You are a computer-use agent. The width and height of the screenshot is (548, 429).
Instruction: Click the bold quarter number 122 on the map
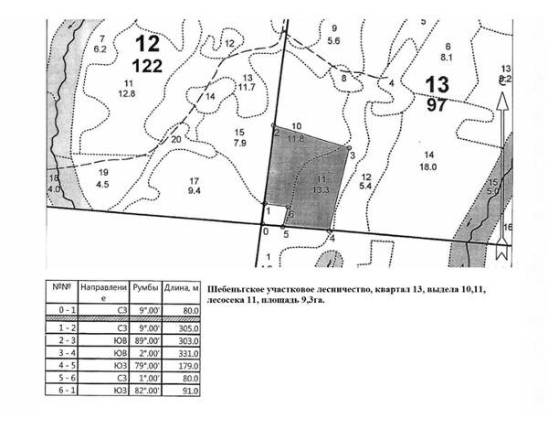148,65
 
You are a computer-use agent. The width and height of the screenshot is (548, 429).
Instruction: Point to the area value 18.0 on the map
428,166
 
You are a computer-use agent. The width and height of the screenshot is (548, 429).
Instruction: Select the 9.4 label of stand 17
195,191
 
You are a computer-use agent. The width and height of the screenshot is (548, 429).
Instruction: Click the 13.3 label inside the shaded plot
320,189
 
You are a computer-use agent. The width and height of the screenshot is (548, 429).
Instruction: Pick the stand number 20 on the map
175,139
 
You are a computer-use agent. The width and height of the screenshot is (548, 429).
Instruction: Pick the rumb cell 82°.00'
149,391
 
